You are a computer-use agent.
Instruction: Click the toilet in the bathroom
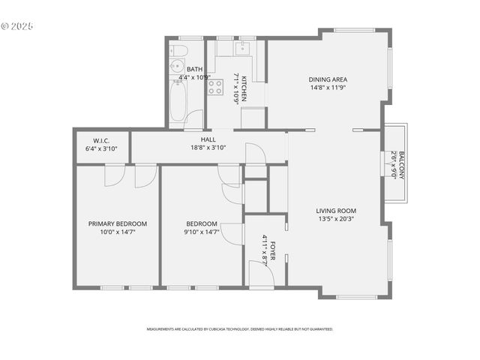[x=178, y=52]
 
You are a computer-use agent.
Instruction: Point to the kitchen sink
[x=241, y=49]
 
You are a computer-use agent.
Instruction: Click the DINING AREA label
[x=328, y=79]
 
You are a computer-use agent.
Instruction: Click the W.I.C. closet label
[x=102, y=140]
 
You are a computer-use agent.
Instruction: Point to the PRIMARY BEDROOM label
[x=117, y=223]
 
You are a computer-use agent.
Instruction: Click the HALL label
[x=208, y=139]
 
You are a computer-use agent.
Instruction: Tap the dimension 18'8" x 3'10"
[x=208, y=148]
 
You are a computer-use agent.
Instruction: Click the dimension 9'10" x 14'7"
[x=202, y=232]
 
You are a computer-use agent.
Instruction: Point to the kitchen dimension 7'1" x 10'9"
[x=235, y=88]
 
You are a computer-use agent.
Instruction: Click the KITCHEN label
[x=244, y=88]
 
